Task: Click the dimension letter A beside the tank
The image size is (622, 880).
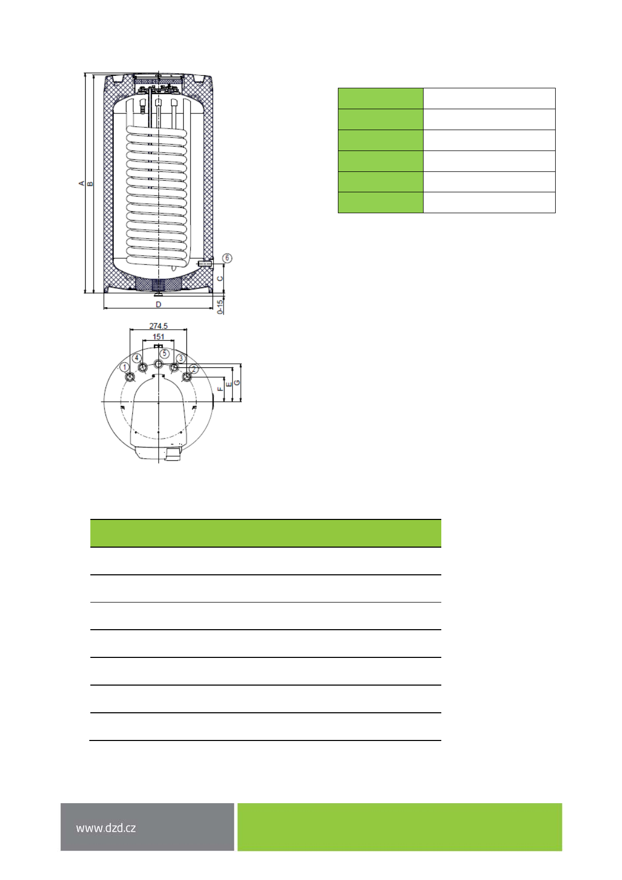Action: click(81, 183)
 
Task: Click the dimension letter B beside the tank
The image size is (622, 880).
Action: click(90, 183)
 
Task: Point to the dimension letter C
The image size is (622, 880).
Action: click(220, 279)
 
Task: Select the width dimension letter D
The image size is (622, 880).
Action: click(158, 304)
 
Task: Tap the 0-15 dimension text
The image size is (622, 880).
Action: click(220, 307)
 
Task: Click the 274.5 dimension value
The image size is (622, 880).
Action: click(158, 326)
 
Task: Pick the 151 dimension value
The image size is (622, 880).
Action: click(158, 337)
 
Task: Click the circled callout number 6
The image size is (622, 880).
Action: click(227, 258)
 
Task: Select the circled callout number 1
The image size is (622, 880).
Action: click(124, 367)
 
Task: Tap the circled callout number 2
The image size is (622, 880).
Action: click(194, 368)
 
